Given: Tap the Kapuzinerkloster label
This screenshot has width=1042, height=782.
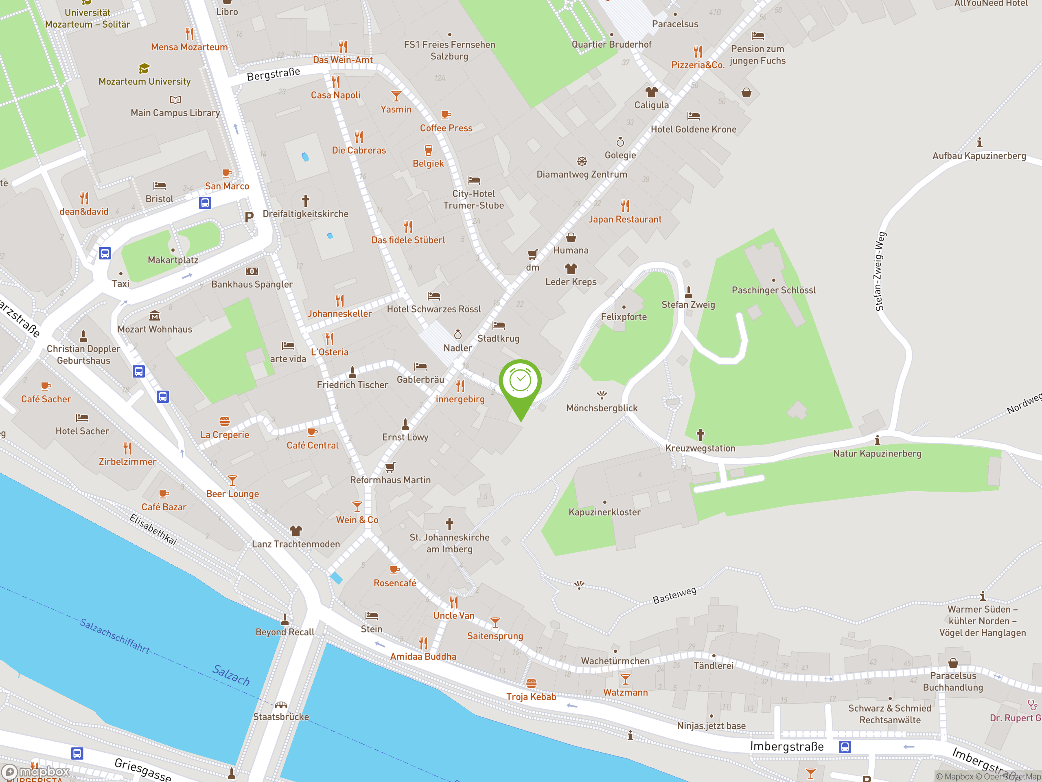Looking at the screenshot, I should point(604,512).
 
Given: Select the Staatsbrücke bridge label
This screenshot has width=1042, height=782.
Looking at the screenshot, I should point(281,716).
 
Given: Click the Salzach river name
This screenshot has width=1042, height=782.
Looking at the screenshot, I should point(231,674).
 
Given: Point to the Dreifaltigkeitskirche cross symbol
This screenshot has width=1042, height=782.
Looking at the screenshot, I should point(305,201).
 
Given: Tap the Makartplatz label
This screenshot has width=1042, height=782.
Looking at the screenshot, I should point(173,260).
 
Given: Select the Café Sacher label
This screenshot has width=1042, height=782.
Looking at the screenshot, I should point(46,399).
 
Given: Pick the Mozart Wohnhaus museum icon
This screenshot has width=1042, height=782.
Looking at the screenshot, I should point(155,316).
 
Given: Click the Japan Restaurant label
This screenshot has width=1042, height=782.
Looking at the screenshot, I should point(625,219).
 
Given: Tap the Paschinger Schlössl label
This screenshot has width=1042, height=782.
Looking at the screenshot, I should point(773,290).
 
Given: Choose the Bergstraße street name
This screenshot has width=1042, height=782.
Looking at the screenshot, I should point(273,74).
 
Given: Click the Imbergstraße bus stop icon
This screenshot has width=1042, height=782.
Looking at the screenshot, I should point(845,747).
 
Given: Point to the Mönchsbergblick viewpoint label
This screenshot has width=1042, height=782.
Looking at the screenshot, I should point(602,408).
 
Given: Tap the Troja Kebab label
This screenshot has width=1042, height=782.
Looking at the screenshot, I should point(531,697).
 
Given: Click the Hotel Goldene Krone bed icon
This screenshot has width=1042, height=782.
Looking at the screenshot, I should point(694,116).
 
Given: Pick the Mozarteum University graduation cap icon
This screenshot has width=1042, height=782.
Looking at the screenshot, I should point(144,69).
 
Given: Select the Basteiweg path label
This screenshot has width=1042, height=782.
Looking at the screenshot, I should point(674,595).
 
